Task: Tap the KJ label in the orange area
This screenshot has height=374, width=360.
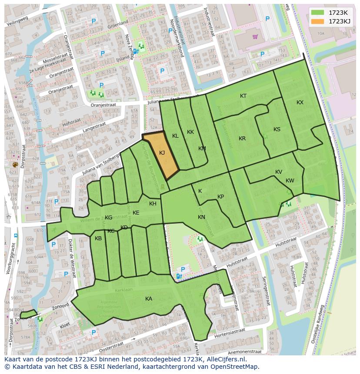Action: coord(162,153)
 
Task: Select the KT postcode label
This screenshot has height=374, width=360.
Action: coord(243,96)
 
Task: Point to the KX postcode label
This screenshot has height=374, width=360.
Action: coord(300,103)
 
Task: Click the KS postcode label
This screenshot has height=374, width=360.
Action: coord(277,129)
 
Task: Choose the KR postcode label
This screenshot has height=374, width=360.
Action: coord(242,139)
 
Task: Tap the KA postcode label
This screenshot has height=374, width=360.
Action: coord(149,299)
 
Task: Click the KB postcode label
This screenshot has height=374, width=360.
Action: coord(98,238)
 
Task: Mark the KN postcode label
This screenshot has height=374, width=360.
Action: coord(201,217)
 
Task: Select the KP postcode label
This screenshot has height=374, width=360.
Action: coord(220,197)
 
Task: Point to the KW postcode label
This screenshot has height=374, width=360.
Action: coord(290,181)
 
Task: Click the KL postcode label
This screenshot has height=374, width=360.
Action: coord(175,136)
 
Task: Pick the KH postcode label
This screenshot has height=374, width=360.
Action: coord(153,204)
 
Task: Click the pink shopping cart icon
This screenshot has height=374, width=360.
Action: coord(255,37)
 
